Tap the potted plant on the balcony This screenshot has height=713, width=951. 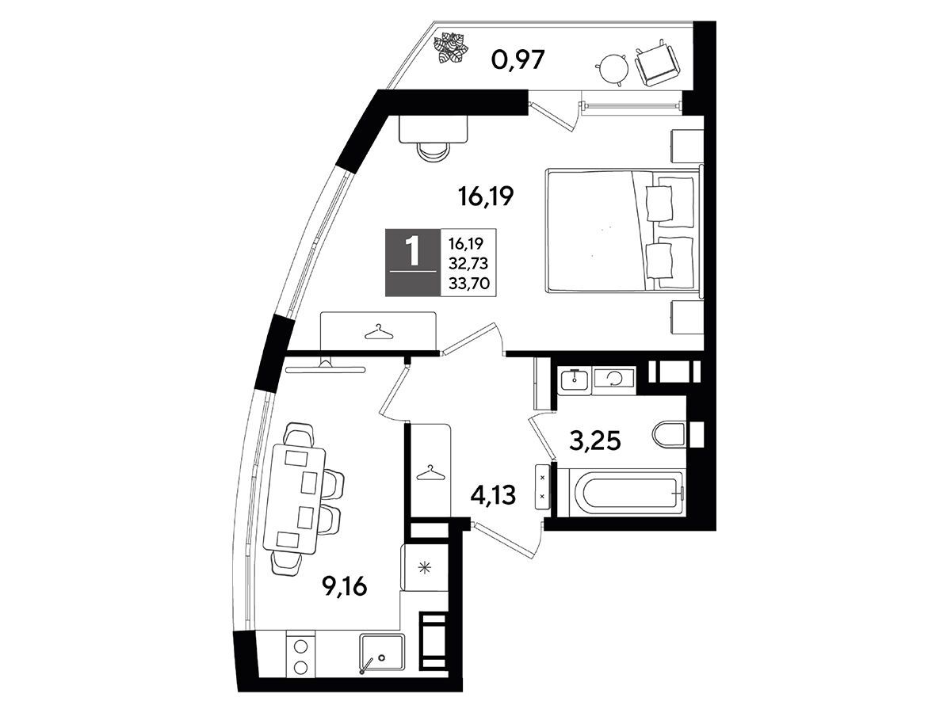tap(451, 48)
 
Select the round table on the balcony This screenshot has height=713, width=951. tap(613, 68)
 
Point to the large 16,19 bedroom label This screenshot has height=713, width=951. tap(486, 196)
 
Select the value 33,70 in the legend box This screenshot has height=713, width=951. tap(469, 283)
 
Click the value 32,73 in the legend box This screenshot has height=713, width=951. tap(468, 263)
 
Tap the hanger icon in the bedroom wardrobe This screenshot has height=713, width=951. tap(379, 333)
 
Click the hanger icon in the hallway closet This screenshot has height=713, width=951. tap(430, 473)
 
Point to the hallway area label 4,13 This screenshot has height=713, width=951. tap(493, 495)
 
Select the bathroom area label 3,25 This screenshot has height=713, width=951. tap(595, 441)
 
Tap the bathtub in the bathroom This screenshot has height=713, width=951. tap(621, 492)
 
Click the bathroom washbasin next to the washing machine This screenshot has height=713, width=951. tap(575, 380)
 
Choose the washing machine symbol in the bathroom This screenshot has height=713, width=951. tap(614, 379)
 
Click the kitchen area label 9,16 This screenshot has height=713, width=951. tap(345, 587)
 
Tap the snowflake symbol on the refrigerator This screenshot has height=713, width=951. tap(424, 567)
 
